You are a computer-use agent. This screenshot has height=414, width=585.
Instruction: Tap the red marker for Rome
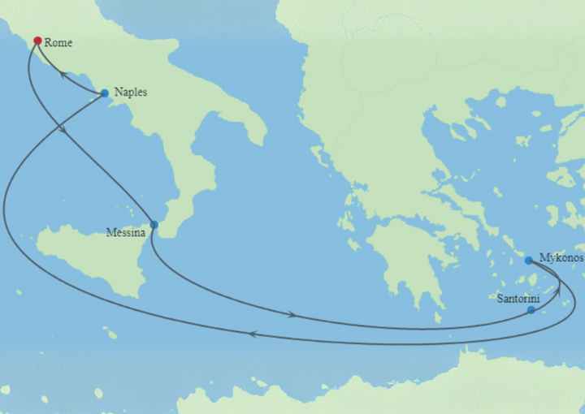coord(37,40)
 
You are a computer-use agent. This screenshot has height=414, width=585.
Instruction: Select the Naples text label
coord(130,92)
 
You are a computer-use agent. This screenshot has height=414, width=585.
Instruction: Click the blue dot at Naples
coord(105,93)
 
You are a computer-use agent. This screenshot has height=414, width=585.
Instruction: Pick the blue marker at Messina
coord(154,225)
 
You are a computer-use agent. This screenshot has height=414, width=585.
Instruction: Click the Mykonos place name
coord(561,258)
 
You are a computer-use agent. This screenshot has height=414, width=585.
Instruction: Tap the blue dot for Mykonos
coord(529,261)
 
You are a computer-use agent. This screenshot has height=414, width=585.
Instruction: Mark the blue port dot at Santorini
coord(531,310)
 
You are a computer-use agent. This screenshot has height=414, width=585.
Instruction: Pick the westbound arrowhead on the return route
coord(253,334)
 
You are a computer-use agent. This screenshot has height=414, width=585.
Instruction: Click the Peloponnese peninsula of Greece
coord(406,260)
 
